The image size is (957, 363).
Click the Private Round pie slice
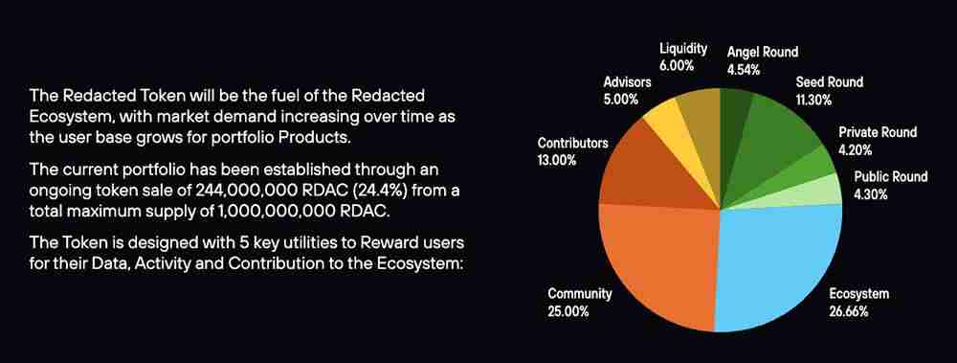pyautogui.click(x=812, y=168)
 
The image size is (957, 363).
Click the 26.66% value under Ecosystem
pyautogui.click(x=848, y=311)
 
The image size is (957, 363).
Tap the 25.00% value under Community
pyautogui.click(x=568, y=311)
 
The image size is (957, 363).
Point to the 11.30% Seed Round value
pyautogui.click(x=813, y=101)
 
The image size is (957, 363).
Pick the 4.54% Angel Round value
pyautogui.click(x=744, y=70)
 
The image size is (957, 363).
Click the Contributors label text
pyautogui.click(x=572, y=143)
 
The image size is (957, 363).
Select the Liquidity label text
pyautogui.click(x=683, y=48)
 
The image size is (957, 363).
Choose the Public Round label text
pyautogui.click(x=890, y=177)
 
